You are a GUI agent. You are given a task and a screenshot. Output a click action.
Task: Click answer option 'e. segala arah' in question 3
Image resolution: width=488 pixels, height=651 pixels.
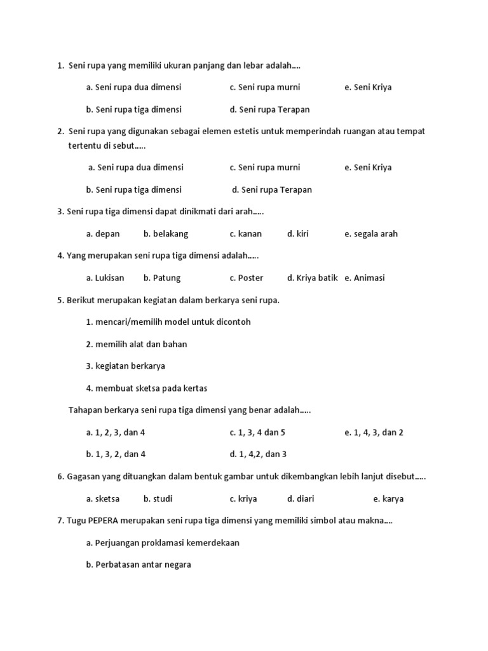(x=370, y=234)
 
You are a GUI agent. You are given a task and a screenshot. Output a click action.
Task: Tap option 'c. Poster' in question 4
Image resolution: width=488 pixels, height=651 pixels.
(x=246, y=278)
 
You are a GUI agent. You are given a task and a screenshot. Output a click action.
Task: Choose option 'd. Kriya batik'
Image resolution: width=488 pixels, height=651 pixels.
(x=312, y=278)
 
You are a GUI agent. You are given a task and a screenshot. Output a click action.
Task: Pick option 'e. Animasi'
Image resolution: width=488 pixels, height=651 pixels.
(x=365, y=278)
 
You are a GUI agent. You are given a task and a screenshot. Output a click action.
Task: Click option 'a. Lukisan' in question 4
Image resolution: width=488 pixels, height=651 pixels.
(x=105, y=278)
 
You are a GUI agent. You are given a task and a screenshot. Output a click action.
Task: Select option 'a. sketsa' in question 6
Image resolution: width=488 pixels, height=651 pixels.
(x=103, y=499)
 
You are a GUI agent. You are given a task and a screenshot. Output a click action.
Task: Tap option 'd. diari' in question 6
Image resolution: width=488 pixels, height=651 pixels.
(x=301, y=499)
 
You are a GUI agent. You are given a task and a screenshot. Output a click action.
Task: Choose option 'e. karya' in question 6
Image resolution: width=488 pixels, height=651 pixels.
(x=388, y=499)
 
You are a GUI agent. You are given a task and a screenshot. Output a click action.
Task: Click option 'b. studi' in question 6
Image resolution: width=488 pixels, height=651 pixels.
(x=158, y=499)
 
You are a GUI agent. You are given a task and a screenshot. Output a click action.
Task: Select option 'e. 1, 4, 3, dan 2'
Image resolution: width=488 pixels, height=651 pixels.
(x=374, y=432)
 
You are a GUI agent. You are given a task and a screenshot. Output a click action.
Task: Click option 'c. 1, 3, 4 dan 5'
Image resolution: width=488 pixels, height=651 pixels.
(x=257, y=432)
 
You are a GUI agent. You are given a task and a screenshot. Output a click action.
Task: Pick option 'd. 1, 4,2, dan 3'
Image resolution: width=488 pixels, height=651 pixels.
(x=258, y=455)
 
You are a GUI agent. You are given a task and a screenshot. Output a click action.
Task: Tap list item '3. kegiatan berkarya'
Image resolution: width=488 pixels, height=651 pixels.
(x=125, y=366)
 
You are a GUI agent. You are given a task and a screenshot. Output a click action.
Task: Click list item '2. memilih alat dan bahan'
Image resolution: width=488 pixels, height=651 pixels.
(x=136, y=344)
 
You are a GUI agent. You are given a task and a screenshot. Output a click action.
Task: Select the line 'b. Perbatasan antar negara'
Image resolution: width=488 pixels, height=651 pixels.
(x=139, y=565)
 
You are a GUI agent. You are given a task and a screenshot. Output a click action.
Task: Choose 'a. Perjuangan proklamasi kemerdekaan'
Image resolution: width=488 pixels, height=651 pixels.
(x=163, y=543)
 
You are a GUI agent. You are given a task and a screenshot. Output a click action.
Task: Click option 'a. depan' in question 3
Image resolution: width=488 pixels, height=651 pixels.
(x=103, y=234)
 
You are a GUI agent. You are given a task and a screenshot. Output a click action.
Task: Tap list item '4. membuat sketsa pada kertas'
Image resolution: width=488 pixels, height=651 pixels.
(x=146, y=388)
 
